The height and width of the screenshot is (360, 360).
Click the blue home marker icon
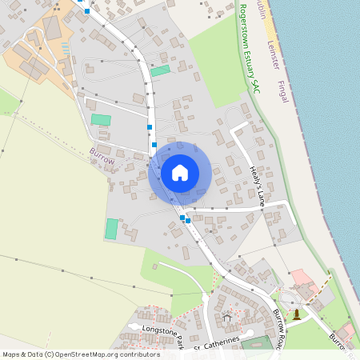click(x=180, y=173)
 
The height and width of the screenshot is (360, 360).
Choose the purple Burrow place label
click(x=102, y=156)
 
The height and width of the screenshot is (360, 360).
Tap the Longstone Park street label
click(x=163, y=334)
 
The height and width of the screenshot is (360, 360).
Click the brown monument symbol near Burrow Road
click(x=298, y=314)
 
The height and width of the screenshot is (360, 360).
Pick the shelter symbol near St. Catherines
click(x=227, y=318)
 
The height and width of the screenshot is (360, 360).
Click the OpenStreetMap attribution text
click(x=70, y=354)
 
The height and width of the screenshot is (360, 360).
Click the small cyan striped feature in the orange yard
click(x=65, y=48)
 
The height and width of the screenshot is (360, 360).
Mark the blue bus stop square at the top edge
click(x=86, y=11)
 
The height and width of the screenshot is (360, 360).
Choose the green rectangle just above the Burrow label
click(x=101, y=119)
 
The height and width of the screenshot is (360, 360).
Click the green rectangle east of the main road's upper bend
click(x=160, y=70)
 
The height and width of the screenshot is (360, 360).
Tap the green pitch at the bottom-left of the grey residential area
click(x=111, y=229)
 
